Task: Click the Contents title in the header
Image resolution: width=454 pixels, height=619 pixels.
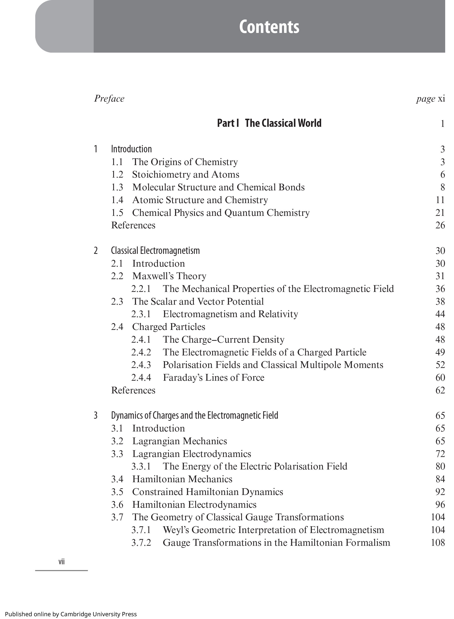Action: coord(269,27)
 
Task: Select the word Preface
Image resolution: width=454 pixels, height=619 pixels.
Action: coord(109,99)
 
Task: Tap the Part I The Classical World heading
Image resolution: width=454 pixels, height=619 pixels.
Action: coord(269,123)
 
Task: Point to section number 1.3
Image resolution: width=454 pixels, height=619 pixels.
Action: coord(117,187)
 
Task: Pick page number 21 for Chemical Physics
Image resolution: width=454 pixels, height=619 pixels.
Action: coord(440,213)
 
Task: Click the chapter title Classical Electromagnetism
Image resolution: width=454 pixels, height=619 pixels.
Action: coord(155,251)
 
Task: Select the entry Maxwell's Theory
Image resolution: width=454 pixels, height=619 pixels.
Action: coord(169,276)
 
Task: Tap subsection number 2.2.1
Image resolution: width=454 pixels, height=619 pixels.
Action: coord(141,289)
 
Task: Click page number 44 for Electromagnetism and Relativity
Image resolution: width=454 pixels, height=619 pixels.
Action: coord(440,314)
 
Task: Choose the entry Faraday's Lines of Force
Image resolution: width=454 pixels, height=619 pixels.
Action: coord(214,377)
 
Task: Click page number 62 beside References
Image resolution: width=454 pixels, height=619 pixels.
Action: coord(440,390)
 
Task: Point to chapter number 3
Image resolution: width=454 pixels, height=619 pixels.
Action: coord(96,415)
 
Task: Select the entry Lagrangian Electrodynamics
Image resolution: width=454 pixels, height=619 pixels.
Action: coord(192,454)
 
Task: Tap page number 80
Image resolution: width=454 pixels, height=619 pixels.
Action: coord(440,466)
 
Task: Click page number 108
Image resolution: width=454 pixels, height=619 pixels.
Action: coord(438,543)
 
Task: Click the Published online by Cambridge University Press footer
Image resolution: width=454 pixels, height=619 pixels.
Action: coord(71,614)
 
